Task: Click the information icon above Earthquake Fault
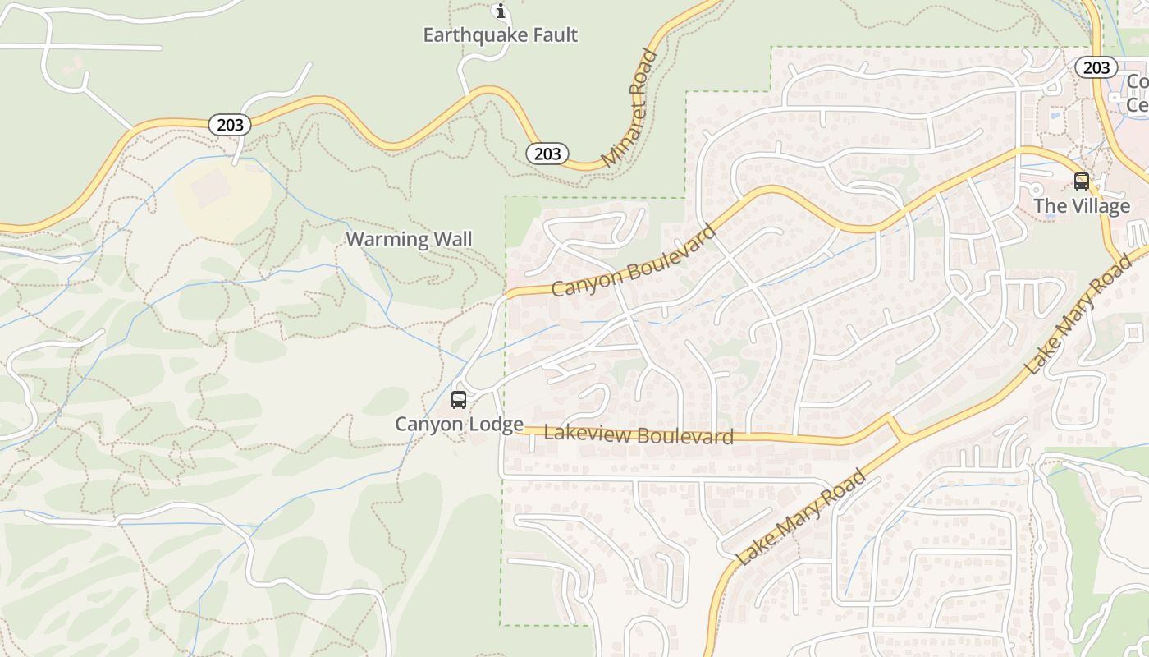point(500,11)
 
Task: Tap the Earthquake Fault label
point(500,35)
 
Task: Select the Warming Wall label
point(409,240)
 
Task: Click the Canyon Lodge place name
point(459,425)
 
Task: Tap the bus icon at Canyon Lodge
point(459,400)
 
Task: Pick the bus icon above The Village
point(1082,181)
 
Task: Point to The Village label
point(1082,206)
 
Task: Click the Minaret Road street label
point(629,108)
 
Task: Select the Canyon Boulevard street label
point(634,260)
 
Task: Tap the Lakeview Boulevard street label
point(639,435)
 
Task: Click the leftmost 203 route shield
point(231,125)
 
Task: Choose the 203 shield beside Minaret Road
point(547,154)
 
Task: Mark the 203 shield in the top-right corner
point(1096,67)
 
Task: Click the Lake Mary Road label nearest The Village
point(1078,315)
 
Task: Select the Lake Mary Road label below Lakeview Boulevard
point(802,517)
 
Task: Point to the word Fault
point(554,35)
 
